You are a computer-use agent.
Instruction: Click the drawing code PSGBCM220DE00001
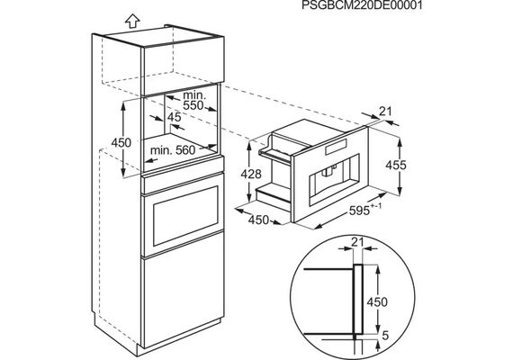click(362, 5)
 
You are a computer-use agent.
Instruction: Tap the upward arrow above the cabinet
click(132, 22)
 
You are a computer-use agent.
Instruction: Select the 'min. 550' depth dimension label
click(194, 101)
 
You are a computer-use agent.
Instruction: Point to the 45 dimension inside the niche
click(174, 117)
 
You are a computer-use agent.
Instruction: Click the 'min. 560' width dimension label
click(173, 150)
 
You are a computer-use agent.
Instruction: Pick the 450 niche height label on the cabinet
click(121, 143)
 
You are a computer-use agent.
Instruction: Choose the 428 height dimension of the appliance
click(251, 174)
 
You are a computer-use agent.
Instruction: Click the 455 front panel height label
click(395, 165)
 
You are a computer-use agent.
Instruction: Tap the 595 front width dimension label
click(365, 210)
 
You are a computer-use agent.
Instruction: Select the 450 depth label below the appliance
click(258, 220)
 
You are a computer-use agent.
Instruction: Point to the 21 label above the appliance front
click(385, 112)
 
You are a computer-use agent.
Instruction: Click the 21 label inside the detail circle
click(357, 242)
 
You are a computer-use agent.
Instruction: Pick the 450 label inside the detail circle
click(377, 301)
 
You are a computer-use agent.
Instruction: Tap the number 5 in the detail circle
click(385, 336)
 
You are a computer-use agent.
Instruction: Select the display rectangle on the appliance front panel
click(336, 147)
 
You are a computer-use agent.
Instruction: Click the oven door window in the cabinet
click(185, 216)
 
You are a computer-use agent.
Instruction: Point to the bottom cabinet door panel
click(184, 301)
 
